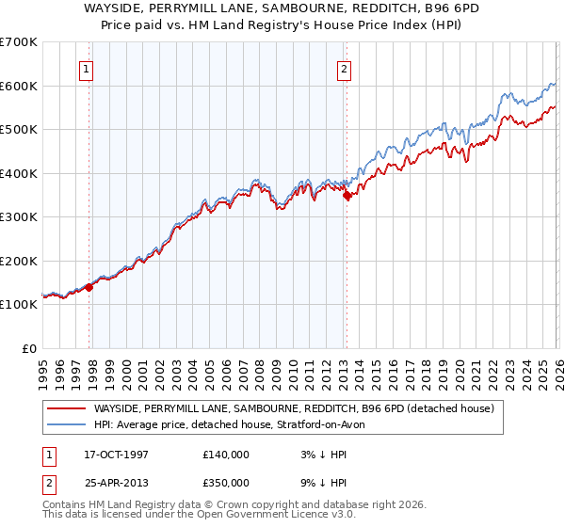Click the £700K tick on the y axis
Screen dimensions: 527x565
pyautogui.click(x=19, y=42)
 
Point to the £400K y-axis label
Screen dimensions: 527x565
pyautogui.click(x=19, y=173)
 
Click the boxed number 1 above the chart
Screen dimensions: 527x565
pyautogui.click(x=86, y=69)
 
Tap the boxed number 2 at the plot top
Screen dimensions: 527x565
pyautogui.click(x=345, y=69)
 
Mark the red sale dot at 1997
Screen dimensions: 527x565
pyautogui.click(x=89, y=287)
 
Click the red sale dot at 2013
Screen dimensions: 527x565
pyautogui.click(x=347, y=196)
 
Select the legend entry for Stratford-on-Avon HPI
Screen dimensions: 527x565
pyautogui.click(x=235, y=424)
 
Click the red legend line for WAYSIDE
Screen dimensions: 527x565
pyautogui.click(x=66, y=408)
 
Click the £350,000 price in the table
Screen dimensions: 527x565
pyautogui.click(x=225, y=482)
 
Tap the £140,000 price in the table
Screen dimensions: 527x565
pyautogui.click(x=225, y=455)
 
